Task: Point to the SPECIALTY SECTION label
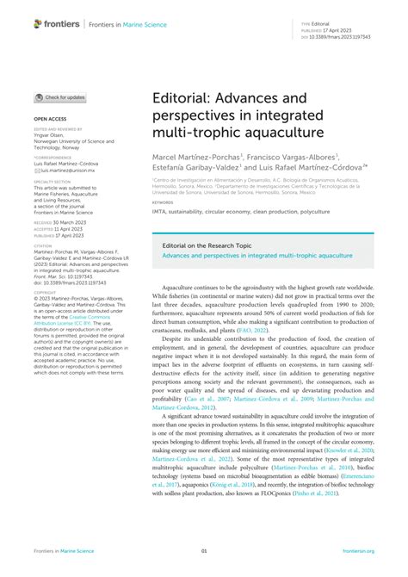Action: pyautogui.click(x=53, y=183)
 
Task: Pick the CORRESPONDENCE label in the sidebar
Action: pyautogui.click(x=51, y=158)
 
